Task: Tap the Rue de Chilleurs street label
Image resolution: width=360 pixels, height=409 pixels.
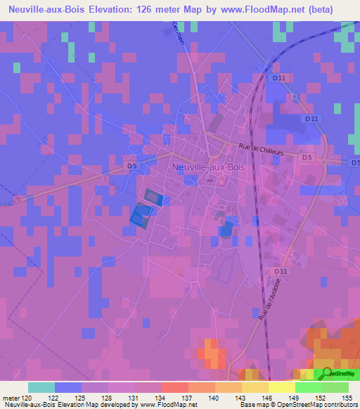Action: [x=259, y=148]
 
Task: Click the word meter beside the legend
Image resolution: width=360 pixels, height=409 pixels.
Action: [x=11, y=398]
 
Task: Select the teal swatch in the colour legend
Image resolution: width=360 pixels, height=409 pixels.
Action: [x=41, y=387]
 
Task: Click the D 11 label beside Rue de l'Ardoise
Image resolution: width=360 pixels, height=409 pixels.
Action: [x=281, y=271]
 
